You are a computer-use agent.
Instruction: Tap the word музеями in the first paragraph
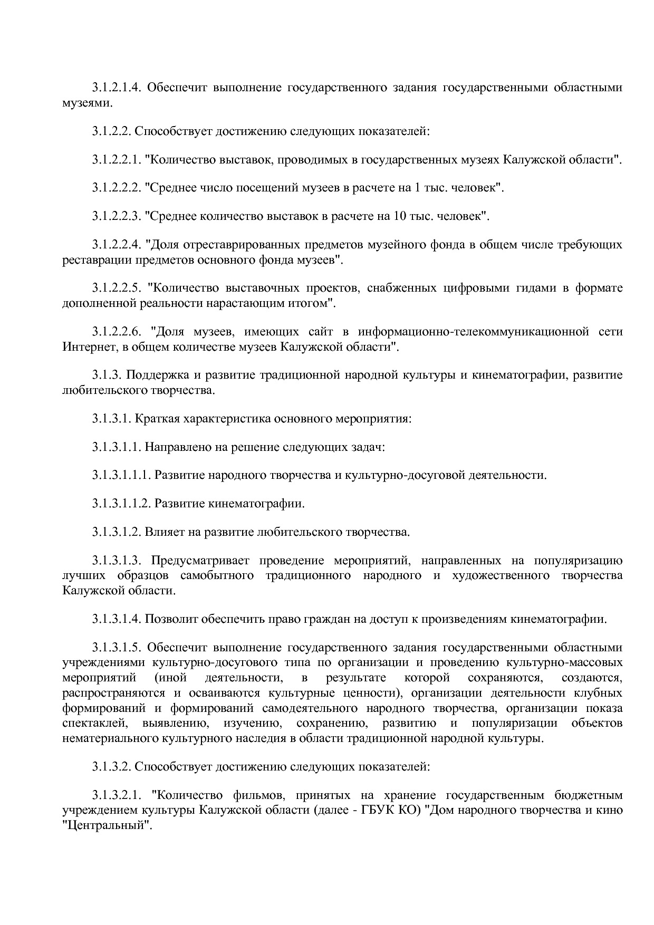(x=86, y=103)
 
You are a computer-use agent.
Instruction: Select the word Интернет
(x=87, y=347)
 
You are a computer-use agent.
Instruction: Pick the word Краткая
(x=157, y=419)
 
